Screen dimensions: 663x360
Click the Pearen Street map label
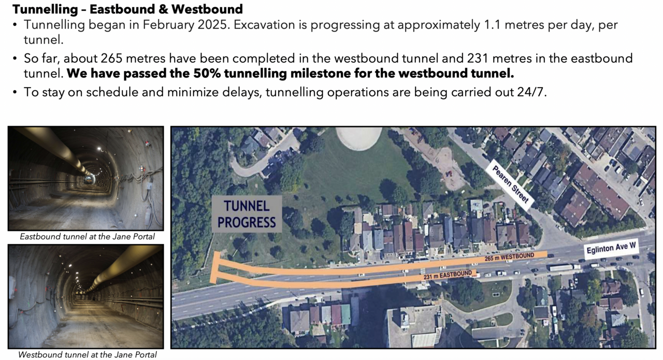(510, 185)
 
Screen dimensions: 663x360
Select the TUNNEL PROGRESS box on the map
(247, 214)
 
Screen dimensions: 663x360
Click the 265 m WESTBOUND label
(509, 257)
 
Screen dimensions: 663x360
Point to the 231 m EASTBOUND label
(448, 275)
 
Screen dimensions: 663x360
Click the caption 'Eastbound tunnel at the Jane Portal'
(87, 237)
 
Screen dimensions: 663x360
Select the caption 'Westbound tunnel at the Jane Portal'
(87, 355)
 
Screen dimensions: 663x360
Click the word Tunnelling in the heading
(45, 9)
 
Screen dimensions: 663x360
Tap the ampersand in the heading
(163, 9)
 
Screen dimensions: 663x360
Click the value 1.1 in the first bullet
(492, 24)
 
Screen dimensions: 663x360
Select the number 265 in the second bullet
(111, 59)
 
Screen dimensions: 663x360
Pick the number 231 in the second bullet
(478, 59)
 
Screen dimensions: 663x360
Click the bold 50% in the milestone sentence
(207, 74)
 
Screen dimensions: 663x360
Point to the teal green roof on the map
(345, 314)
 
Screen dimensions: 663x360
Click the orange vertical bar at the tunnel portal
(215, 267)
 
